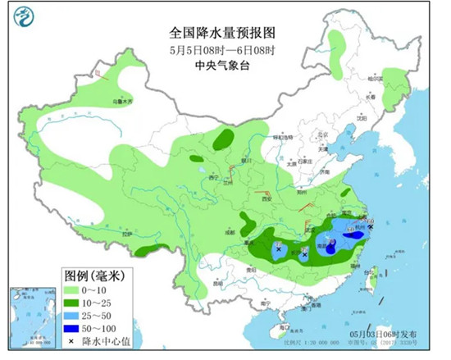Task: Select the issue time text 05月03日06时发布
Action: [x=383, y=335]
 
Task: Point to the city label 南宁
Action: [x=265, y=303]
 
